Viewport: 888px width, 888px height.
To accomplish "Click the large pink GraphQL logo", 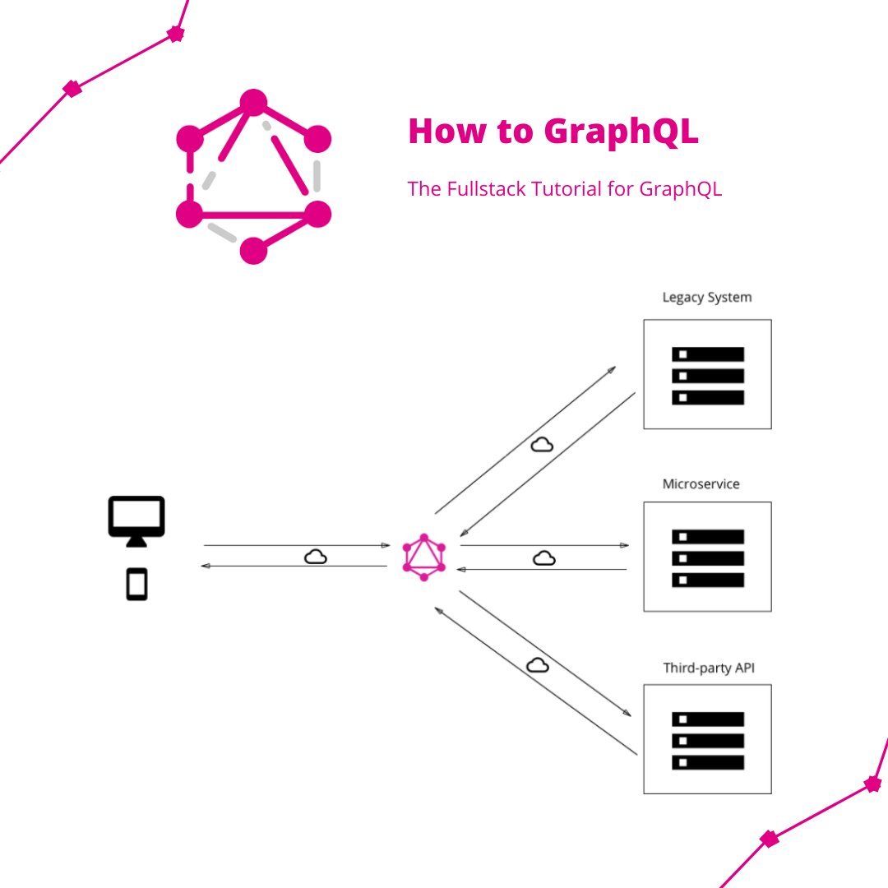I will pyautogui.click(x=253, y=177).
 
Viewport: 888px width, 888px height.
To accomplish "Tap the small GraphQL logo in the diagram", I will pyautogui.click(x=424, y=557).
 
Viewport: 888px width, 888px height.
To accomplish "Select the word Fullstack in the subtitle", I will pyautogui.click(x=485, y=189).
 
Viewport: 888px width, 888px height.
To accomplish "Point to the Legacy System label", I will pyautogui.click(x=707, y=297).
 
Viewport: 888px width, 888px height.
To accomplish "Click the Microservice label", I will pyautogui.click(x=701, y=483).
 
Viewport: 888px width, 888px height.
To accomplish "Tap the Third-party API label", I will pyautogui.click(x=709, y=668).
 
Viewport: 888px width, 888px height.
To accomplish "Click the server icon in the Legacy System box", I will pyautogui.click(x=708, y=375).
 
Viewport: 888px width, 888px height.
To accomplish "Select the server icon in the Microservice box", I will pyautogui.click(x=708, y=557).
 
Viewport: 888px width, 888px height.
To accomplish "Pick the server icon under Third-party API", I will pyautogui.click(x=708, y=740).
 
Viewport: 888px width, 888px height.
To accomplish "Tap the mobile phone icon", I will pyautogui.click(x=136, y=585).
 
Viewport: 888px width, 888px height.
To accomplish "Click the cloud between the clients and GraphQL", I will pyautogui.click(x=316, y=557).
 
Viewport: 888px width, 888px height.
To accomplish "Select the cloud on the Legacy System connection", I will pyautogui.click(x=541, y=445).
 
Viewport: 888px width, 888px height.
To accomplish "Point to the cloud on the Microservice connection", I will pyautogui.click(x=543, y=558).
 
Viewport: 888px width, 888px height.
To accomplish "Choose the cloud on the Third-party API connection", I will pyautogui.click(x=538, y=664).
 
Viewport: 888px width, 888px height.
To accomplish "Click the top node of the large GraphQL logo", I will pyautogui.click(x=253, y=103).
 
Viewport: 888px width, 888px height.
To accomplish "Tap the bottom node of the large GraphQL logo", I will pyautogui.click(x=253, y=251).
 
